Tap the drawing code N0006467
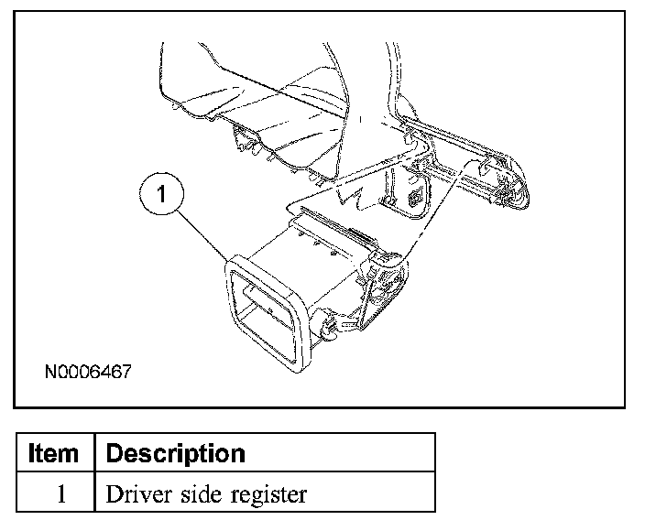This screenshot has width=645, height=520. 88,373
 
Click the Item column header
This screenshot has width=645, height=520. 54,454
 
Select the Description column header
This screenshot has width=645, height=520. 176,454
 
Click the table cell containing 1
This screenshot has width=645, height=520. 54,494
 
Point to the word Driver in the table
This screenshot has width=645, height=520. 134,494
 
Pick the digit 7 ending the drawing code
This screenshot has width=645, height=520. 127,373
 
